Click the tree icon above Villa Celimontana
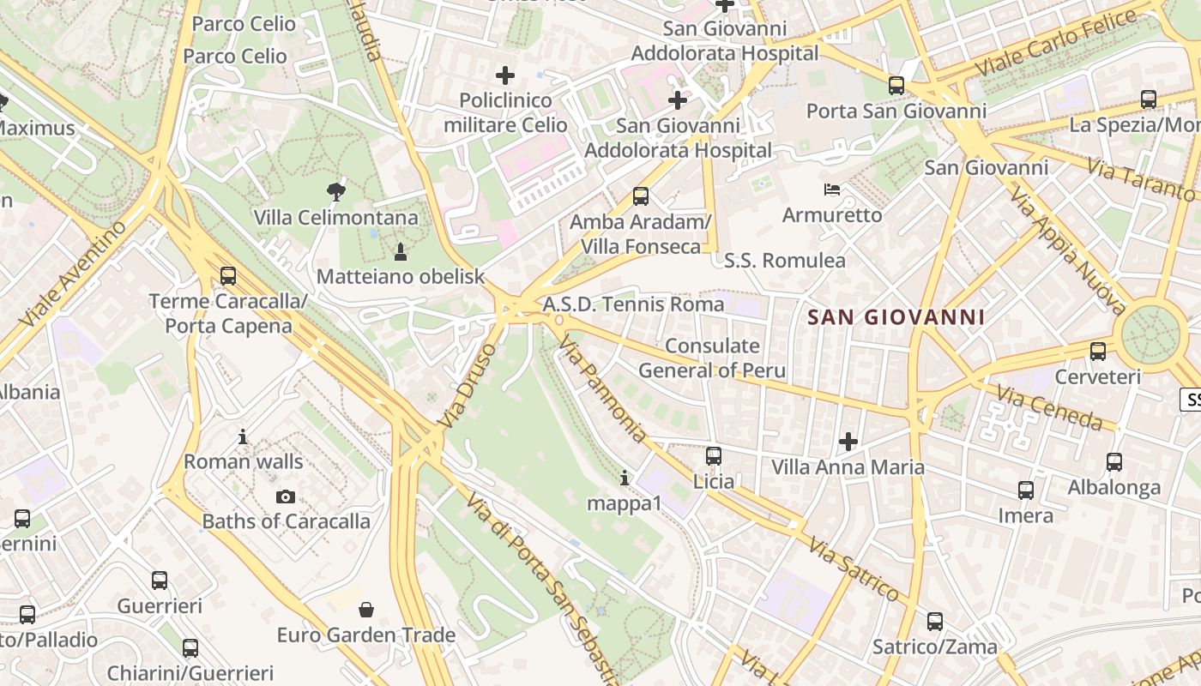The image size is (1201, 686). tap(336, 191)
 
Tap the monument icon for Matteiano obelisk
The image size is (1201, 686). tap(400, 251)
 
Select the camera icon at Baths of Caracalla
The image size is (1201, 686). tap(286, 496)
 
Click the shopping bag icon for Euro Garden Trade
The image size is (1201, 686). tap(366, 610)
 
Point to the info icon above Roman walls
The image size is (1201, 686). tap(243, 437)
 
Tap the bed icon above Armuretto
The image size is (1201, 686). tap(832, 190)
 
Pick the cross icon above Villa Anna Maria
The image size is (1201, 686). tap(848, 442)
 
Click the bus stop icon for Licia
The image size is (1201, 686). tap(714, 456)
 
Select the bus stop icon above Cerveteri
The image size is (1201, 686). tap(1098, 352)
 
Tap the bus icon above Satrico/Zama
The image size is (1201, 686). tap(935, 622)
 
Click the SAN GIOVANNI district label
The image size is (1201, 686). tap(896, 317)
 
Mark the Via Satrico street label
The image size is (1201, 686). tap(853, 569)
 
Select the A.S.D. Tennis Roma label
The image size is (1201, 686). tap(633, 304)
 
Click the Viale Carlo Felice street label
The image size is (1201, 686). tap(1056, 42)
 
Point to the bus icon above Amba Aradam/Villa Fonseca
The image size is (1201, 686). tap(641, 196)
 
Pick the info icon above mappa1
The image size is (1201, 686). tap(625, 478)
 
